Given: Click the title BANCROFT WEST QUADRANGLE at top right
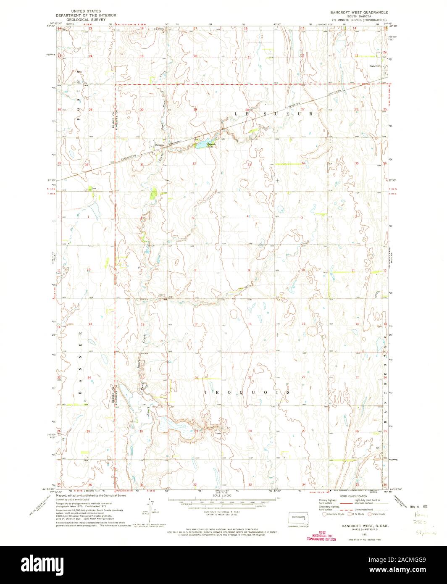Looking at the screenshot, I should (x=364, y=13).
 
